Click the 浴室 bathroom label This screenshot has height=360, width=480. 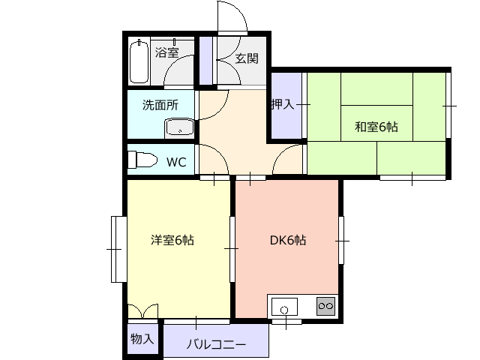point(166,52)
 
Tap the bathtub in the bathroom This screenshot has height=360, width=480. point(139,61)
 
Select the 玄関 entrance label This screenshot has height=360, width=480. point(247,58)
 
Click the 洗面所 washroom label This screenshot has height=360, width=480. point(160,105)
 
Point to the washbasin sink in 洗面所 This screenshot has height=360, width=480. point(179,127)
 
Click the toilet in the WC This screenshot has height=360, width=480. point(142,160)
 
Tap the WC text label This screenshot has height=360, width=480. point(176,162)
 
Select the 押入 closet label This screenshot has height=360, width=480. point(283,104)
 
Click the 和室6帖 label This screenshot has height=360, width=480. point(376,127)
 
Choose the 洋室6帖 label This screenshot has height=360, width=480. point(172,240)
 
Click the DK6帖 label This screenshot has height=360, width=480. point(288,240)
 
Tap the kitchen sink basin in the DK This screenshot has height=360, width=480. point(284,307)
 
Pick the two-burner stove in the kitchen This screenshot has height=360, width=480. point(325,306)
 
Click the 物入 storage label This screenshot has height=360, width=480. point(142,339)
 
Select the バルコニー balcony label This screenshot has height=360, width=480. point(216,345)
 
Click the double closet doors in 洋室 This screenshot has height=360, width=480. point(143,311)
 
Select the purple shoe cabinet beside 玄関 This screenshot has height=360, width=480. point(205,61)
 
